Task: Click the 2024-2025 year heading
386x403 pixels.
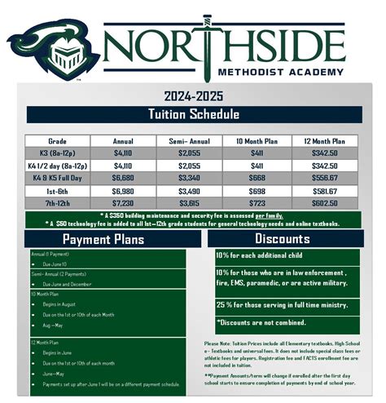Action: coord(193,95)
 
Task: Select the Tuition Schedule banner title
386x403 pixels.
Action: coord(193,113)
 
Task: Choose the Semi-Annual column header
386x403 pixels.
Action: coord(190,140)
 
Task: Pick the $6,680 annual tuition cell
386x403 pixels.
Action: coord(124,175)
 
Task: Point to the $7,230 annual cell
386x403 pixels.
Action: coord(124,201)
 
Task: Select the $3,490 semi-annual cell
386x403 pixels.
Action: coord(190,188)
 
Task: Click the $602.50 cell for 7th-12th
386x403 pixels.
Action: coord(321,201)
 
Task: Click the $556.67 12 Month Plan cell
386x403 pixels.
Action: coord(321,175)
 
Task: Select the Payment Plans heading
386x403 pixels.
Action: coord(103,240)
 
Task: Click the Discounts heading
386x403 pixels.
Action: coord(281,239)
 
